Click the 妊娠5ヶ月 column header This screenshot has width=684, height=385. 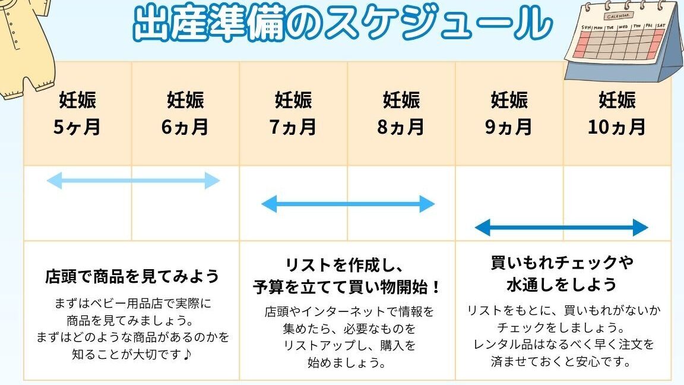77,113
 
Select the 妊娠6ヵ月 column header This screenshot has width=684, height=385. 185,113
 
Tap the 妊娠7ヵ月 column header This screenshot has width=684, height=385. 293,113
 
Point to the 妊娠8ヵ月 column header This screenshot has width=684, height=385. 401,113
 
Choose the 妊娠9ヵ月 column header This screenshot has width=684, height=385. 509,113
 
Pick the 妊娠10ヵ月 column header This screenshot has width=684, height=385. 617,113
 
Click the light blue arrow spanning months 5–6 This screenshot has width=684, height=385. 133,181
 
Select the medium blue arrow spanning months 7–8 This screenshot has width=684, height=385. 348,204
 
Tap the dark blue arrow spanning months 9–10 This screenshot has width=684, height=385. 562,228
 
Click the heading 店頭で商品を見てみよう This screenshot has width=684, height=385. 132,276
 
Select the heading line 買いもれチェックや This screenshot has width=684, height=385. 562,263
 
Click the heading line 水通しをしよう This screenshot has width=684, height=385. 562,285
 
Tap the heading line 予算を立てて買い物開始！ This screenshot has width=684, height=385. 347,287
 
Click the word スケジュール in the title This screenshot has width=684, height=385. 438,23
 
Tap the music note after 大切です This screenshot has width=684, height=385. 187,354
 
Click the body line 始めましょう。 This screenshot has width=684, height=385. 347,362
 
